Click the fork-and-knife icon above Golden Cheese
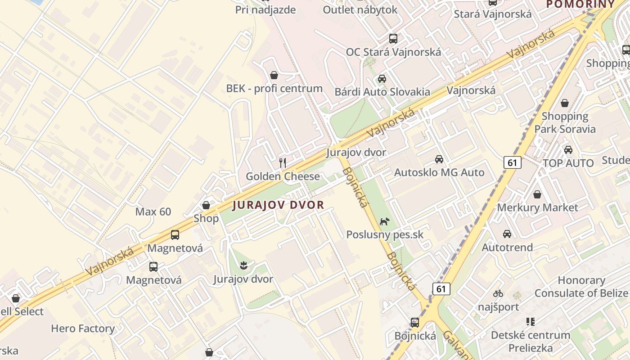coord(283,162)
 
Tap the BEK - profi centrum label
coord(274,88)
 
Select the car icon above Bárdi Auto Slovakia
coord(382,79)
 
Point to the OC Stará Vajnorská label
coord(393,52)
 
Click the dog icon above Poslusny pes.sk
coord(384,221)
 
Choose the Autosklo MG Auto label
coord(439,172)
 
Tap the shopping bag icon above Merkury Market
coord(537,194)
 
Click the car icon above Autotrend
coord(507,234)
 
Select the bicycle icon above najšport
coord(498,293)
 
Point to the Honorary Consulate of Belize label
coord(581,287)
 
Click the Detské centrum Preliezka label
coord(531,342)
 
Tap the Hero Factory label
coord(83,328)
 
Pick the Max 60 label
coord(153,211)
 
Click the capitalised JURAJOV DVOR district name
coord(278,205)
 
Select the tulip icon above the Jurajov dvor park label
coord(243,265)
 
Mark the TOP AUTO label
coord(568,163)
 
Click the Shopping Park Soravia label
coord(565,122)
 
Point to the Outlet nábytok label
coord(360,9)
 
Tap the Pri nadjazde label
coord(265,9)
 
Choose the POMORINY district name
coord(580,4)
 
